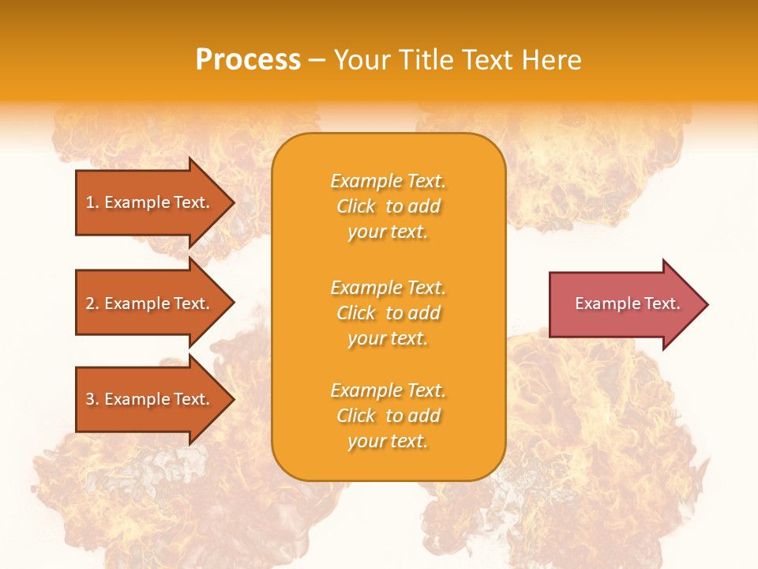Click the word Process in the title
[248, 60]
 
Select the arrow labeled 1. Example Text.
[150, 202]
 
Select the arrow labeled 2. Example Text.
[150, 303]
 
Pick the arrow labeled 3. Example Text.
[150, 399]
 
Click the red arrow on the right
[624, 303]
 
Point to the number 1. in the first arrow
[92, 202]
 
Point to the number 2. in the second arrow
[92, 303]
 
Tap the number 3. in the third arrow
[92, 399]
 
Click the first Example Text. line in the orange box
[388, 181]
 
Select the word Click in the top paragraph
[356, 206]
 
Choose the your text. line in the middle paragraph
[388, 338]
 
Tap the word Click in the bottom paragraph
[356, 416]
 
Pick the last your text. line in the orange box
[388, 441]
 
